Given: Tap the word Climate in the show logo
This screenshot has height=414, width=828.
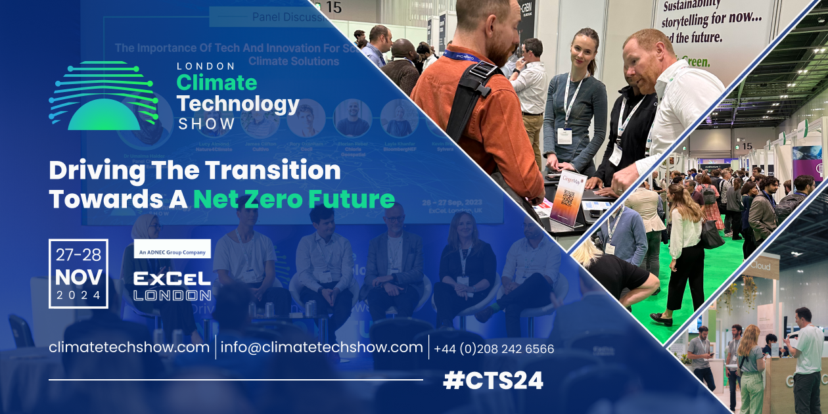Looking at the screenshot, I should [216, 83].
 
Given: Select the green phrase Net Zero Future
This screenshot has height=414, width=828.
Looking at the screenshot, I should [294, 198].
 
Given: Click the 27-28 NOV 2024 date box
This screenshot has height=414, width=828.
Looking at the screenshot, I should [78, 273].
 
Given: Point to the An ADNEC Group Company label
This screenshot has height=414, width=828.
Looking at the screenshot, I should [172, 249].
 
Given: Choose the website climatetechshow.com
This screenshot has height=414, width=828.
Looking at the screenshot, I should [129, 348].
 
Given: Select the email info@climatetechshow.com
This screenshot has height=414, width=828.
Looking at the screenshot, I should [321, 348].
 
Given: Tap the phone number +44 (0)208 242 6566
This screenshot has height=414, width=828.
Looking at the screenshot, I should [494, 349].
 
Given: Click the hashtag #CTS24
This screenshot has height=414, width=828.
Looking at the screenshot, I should [494, 381].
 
